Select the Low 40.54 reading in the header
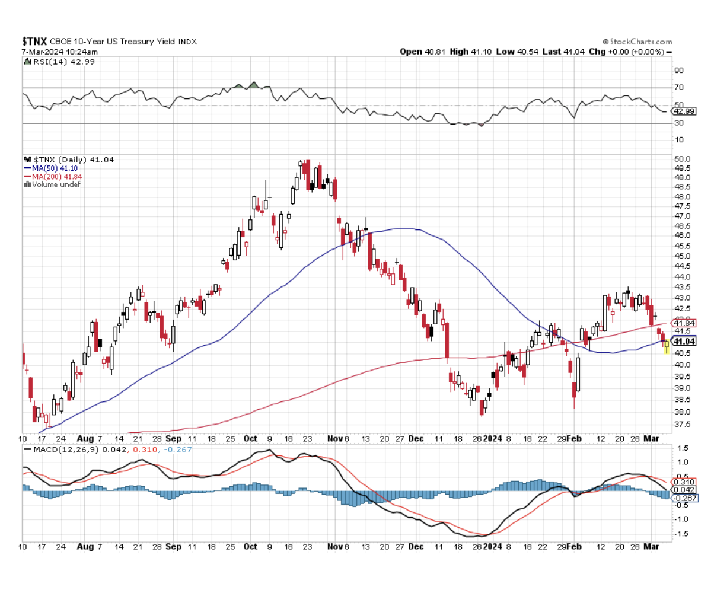point(517,52)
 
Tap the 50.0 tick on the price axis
point(683,159)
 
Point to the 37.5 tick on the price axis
point(683,424)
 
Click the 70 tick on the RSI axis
point(679,87)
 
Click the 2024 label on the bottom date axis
point(493,546)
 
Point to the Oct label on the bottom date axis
point(250,546)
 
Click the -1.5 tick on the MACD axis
point(682,534)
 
